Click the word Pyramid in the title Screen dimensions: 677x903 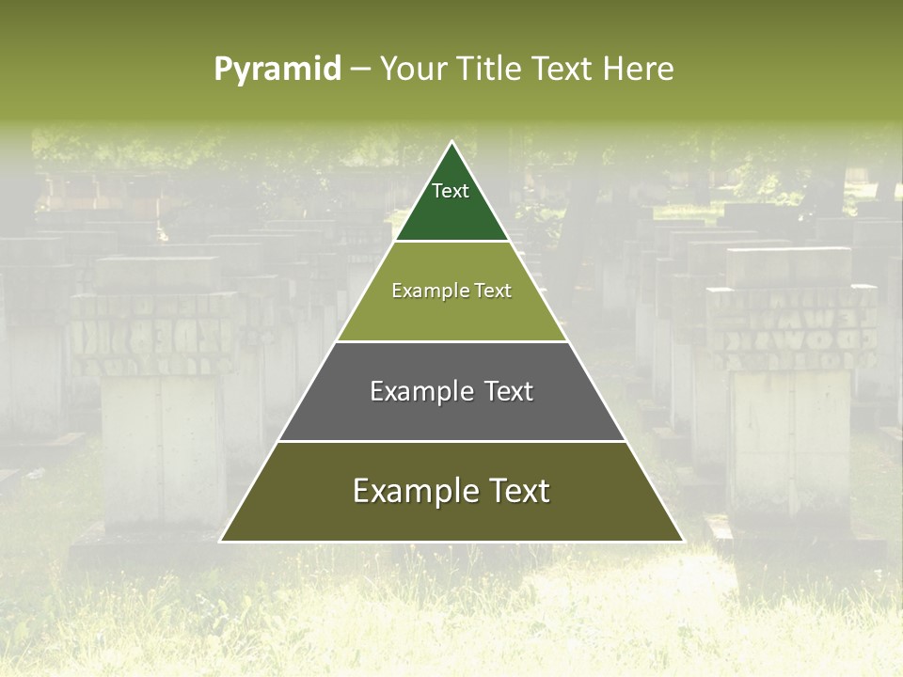[x=277, y=69]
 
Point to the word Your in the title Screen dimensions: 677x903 [x=409, y=69]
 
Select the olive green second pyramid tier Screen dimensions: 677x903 [x=451, y=315]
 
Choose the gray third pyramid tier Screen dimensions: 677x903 [x=451, y=414]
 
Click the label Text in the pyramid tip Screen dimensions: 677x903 [x=451, y=191]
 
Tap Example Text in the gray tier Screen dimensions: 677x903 [x=451, y=391]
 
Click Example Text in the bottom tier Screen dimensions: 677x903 [x=451, y=491]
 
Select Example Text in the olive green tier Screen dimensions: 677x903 [x=451, y=291]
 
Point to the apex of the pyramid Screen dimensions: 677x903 [x=451, y=143]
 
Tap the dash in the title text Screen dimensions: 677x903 [x=359, y=70]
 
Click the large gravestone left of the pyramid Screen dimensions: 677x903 [x=160, y=404]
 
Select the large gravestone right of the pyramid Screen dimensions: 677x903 [x=790, y=395]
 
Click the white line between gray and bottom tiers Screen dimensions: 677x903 [x=451, y=441]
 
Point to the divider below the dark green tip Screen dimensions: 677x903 [x=451, y=242]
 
